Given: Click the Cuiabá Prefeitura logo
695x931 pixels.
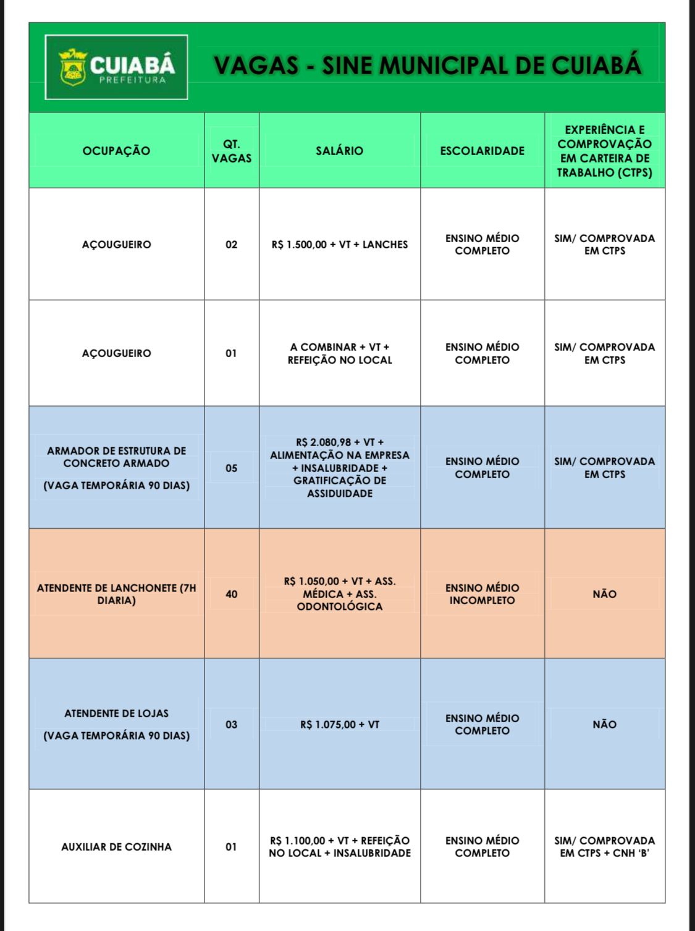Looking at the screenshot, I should (116, 67).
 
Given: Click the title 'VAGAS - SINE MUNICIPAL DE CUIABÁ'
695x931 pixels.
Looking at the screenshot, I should (428, 65).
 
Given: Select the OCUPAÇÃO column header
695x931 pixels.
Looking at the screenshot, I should (116, 151).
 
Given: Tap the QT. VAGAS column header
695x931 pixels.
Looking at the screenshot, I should (231, 151).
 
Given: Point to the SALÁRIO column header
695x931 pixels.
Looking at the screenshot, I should (339, 151).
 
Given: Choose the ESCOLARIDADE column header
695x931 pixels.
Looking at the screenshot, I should (482, 151).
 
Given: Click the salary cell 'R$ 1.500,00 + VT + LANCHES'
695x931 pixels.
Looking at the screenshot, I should (339, 245).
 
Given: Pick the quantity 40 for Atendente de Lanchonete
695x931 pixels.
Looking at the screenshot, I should (231, 594).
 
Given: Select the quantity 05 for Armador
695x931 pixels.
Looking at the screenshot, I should (231, 468).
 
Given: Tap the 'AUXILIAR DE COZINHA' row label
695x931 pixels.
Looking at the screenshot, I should (116, 847).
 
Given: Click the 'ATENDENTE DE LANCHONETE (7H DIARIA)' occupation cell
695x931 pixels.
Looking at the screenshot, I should (116, 594).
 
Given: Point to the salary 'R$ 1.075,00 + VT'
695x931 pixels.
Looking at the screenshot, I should (339, 725).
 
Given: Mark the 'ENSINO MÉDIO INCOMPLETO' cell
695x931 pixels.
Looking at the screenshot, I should (482, 594).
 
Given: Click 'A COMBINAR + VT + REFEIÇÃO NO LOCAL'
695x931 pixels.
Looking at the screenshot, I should (339, 353).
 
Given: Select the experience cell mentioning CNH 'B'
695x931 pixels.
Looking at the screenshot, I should (604, 847).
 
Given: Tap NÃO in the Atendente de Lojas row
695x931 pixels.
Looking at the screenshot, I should (604, 725).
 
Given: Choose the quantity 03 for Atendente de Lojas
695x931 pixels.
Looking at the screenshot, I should (231, 725).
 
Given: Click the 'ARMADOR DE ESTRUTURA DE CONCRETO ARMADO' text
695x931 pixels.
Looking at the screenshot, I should (116, 457).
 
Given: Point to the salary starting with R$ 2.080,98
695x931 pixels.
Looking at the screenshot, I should (339, 468).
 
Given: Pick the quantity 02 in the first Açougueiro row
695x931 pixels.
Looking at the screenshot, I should (231, 245).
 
